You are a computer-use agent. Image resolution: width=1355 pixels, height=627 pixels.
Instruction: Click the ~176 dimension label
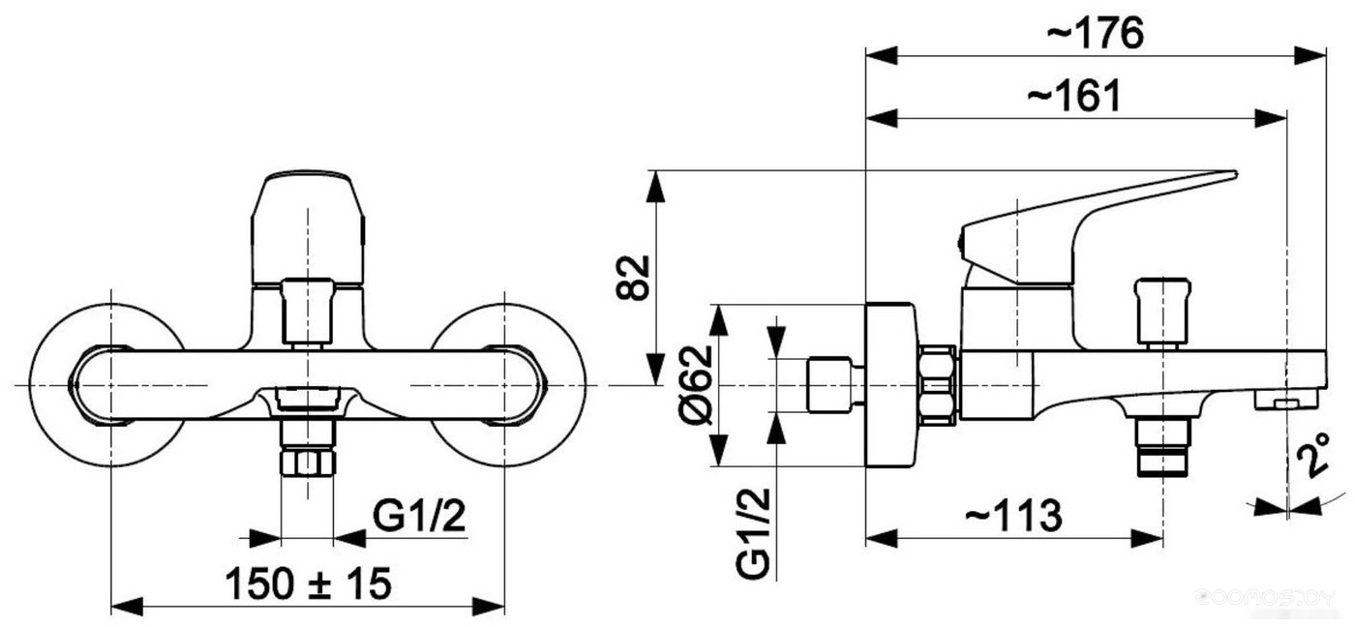(x=1095, y=33)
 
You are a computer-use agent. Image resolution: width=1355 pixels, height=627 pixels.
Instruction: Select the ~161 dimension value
(x=1074, y=96)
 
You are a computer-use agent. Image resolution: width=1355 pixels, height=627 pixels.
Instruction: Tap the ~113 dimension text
(x=1013, y=516)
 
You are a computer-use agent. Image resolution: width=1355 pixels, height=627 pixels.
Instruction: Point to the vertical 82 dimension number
(x=633, y=278)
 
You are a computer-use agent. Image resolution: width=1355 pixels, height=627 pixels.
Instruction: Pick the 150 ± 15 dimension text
(x=308, y=583)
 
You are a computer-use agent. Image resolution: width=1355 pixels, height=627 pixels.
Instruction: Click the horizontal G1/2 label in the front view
(x=419, y=516)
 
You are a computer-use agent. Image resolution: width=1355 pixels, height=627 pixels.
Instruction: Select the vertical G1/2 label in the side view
(x=753, y=532)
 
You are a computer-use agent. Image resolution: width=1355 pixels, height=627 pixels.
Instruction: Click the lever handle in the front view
(x=308, y=228)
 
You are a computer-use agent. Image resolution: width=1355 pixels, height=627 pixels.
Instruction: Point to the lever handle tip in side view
(x=1234, y=175)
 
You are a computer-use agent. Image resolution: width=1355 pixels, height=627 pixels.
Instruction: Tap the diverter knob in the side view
(x=1162, y=313)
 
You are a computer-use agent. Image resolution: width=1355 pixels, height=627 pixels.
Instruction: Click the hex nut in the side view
(x=938, y=384)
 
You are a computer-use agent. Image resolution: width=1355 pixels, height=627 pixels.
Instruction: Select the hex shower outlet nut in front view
(x=308, y=463)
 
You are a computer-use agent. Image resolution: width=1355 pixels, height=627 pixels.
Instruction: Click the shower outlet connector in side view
(x=1162, y=447)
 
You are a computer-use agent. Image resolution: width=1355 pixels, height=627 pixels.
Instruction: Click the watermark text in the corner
(x=1265, y=598)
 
